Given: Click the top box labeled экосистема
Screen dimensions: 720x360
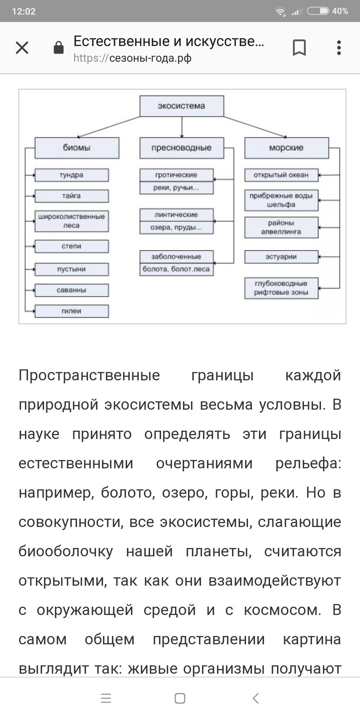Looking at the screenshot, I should point(181,106).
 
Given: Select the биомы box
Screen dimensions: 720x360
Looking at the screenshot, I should point(77,148).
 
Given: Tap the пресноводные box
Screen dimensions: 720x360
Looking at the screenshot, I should point(181,148).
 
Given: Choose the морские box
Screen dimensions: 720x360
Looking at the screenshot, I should point(286,148).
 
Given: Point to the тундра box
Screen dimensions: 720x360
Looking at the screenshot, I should point(71,175).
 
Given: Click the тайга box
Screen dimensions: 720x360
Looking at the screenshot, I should point(71,196).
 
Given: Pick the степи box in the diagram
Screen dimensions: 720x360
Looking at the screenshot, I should point(71,246).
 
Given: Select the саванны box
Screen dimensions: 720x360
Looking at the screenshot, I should point(71,290).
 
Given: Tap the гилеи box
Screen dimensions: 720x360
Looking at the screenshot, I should point(71,311).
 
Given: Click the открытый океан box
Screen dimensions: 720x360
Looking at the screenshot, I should point(281,175).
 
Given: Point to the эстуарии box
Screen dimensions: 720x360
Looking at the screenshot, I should point(281,257).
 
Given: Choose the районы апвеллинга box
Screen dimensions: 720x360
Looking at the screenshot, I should point(281,227).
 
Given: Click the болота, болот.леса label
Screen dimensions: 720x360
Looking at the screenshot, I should point(176,269).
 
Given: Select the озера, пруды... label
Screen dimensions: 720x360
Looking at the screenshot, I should point(176,228).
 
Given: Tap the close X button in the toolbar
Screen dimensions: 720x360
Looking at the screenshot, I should point(22,48).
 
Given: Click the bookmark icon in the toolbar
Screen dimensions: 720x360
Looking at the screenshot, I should point(299,48).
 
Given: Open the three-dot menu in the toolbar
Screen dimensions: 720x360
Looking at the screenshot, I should point(339,48).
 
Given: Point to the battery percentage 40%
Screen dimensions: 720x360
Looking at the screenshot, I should point(340,11).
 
